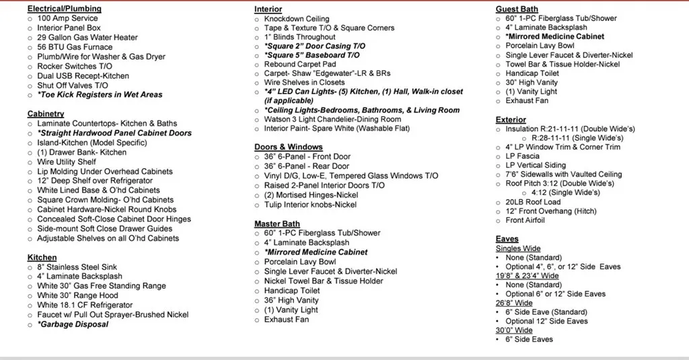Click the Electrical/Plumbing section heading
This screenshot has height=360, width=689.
[x=64, y=9]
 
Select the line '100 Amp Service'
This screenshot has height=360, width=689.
[x=67, y=18]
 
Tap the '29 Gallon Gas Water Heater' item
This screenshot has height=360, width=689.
[x=87, y=38]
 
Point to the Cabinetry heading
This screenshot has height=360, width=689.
[x=46, y=114]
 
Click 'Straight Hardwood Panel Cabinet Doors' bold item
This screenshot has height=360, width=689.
[x=114, y=133]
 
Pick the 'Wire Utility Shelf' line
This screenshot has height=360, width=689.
[x=67, y=161]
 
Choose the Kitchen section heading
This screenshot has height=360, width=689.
[x=42, y=257]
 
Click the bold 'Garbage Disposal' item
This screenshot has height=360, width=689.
[x=73, y=324]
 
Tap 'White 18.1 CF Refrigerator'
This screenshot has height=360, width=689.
[x=85, y=305]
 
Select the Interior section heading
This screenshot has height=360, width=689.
[x=268, y=9]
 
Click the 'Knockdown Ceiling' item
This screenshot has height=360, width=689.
[x=297, y=19]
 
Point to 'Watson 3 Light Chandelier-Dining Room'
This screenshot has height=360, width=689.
[x=332, y=119]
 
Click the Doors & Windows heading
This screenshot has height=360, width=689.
[x=288, y=147]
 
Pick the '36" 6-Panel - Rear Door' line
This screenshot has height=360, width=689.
[x=307, y=166]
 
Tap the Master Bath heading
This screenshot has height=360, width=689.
[x=277, y=223]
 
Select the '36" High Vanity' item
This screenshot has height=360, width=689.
[x=291, y=300]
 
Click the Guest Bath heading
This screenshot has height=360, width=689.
[x=517, y=9]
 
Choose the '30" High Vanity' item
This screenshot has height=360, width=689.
[x=532, y=83]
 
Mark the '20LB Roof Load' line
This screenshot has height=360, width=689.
[x=533, y=201]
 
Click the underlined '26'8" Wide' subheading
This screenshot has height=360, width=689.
[x=514, y=303]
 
